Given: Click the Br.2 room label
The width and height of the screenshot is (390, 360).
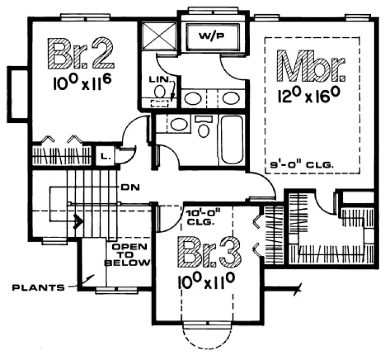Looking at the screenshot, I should [x=81, y=53].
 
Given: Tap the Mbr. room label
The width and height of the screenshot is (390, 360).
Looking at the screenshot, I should [x=310, y=66].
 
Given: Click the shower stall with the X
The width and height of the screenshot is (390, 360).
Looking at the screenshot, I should [x=159, y=37].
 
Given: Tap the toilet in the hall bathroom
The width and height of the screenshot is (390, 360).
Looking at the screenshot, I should [x=204, y=128].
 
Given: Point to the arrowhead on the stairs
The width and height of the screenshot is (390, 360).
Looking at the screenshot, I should [x=80, y=221].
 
